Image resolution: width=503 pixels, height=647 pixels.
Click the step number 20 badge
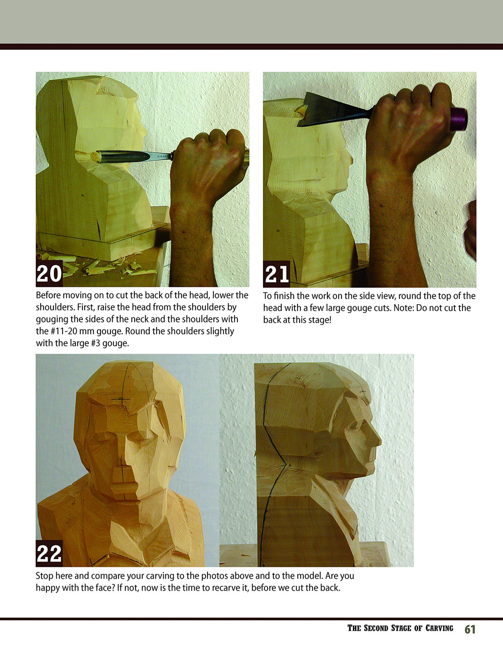point(49,274)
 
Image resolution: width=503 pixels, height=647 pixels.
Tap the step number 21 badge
point(276,274)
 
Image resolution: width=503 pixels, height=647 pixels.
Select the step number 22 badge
point(49,553)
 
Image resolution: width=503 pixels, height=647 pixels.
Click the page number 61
point(470,629)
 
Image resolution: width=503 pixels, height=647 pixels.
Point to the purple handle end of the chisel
point(459,119)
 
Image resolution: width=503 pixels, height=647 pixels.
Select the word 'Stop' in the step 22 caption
point(44,576)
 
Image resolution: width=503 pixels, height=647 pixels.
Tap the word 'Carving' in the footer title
point(439,628)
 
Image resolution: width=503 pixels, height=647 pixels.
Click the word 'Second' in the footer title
point(377,628)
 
